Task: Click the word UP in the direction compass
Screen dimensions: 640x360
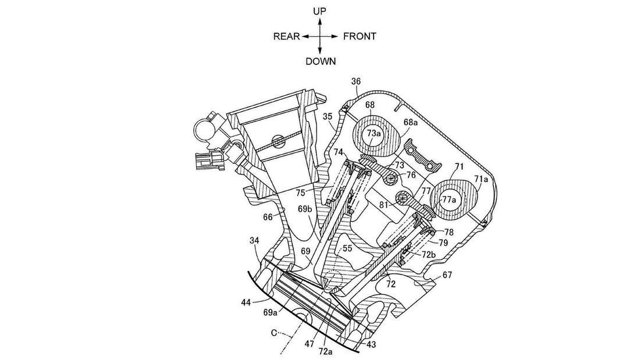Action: pyautogui.click(x=319, y=11)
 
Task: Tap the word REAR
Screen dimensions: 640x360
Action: pyautogui.click(x=286, y=36)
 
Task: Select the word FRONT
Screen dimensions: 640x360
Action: pyautogui.click(x=360, y=36)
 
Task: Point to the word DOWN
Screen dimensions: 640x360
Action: pyautogui.click(x=321, y=61)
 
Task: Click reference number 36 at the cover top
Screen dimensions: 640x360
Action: pyautogui.click(x=356, y=81)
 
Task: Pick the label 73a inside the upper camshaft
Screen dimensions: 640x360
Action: pyautogui.click(x=374, y=133)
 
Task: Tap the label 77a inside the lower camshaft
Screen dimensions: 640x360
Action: pyautogui.click(x=450, y=199)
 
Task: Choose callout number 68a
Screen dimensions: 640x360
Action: pyautogui.click(x=411, y=122)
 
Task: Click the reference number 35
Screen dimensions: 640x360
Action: pyautogui.click(x=328, y=116)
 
